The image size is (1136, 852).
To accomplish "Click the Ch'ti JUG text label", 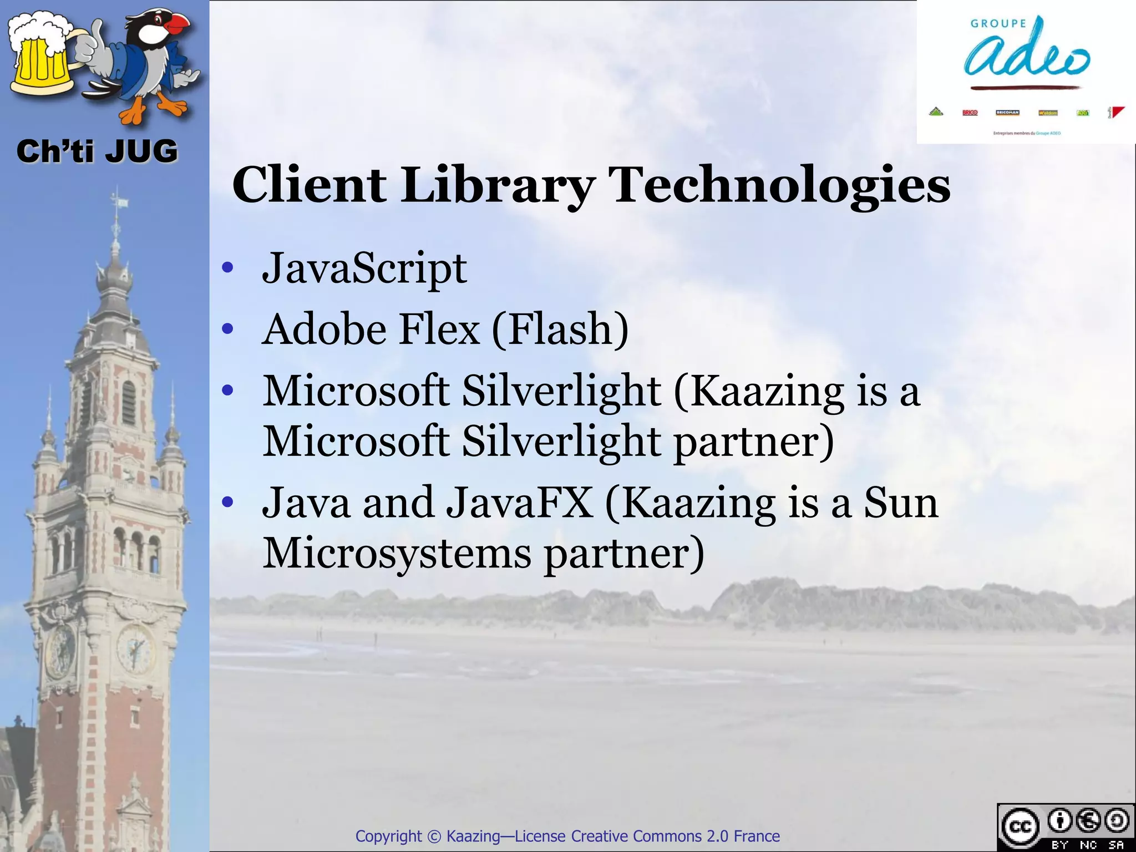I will coord(97,151).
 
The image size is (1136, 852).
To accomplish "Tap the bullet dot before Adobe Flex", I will coord(227,329).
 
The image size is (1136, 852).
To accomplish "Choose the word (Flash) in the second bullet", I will coord(560,329).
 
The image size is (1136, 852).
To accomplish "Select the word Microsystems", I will coord(397,554).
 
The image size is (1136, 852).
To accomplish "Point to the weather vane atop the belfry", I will coord(116,202).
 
